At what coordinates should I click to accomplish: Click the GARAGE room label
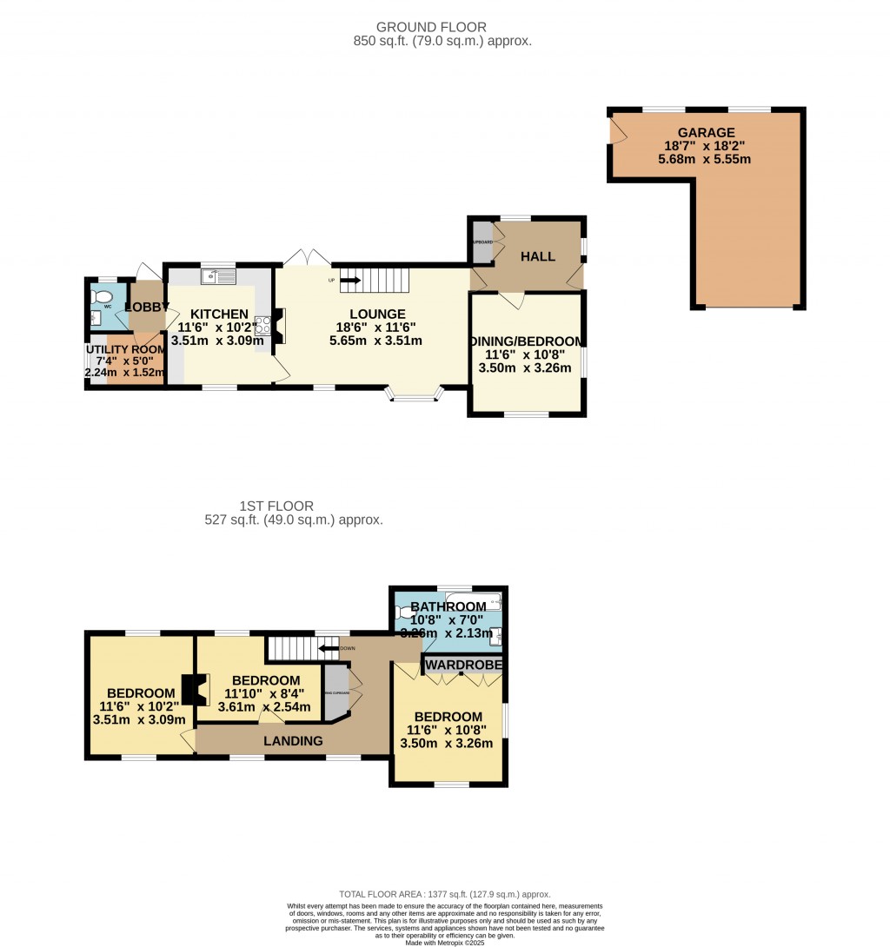click(x=707, y=133)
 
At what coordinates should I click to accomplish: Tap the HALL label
click(x=537, y=257)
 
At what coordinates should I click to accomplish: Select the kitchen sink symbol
click(x=218, y=277)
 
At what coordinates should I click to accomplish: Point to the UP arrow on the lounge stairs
click(x=349, y=280)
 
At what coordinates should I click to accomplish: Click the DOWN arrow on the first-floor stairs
click(x=328, y=647)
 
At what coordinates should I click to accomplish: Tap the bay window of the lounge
click(x=414, y=396)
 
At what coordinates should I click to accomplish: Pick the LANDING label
click(x=293, y=741)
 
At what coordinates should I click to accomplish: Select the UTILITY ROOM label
click(x=125, y=349)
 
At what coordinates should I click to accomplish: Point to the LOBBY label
click(x=146, y=307)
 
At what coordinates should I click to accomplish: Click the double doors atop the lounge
click(x=307, y=258)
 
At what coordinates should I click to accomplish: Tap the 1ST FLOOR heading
click(x=276, y=506)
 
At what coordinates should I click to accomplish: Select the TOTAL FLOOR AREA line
click(x=444, y=894)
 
